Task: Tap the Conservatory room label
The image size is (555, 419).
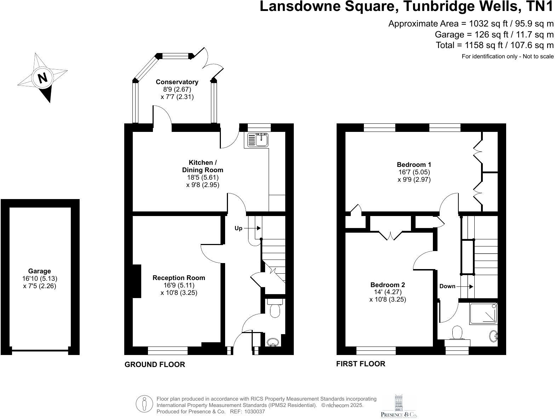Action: [177, 82]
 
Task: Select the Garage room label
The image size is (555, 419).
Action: [39, 271]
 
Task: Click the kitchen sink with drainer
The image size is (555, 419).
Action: [256, 140]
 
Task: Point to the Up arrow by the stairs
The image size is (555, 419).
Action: [252, 228]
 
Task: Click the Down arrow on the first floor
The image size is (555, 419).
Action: [465, 286]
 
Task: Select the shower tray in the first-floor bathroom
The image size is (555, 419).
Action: [484, 314]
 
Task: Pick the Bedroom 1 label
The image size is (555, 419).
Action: [414, 165]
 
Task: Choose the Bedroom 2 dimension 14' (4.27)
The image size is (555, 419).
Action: [388, 292]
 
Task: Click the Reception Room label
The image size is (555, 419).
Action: [179, 278]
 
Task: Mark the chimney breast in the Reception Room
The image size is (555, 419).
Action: [137, 281]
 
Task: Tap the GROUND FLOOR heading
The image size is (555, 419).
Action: [155, 365]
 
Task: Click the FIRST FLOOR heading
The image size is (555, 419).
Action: [361, 364]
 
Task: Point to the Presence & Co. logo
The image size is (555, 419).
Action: [399, 406]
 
